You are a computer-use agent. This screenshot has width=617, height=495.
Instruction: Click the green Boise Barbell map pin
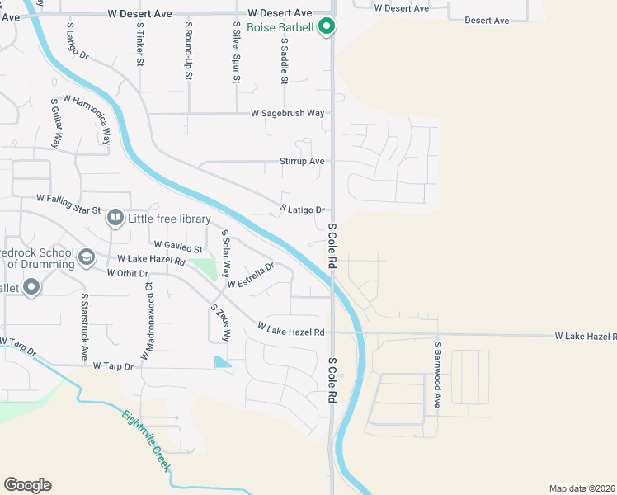327,27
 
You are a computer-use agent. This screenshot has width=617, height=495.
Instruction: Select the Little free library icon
115,219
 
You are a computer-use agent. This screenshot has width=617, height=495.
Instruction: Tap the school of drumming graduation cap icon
86,258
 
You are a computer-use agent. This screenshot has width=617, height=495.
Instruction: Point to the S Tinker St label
140,45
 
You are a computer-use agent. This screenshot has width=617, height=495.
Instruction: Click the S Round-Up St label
188,51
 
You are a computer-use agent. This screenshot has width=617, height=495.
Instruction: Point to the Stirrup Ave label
302,161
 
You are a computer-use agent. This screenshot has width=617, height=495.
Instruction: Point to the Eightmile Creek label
148,441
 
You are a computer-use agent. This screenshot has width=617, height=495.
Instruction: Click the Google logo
27,485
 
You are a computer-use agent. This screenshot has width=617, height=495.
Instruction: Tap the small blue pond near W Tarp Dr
222,362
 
